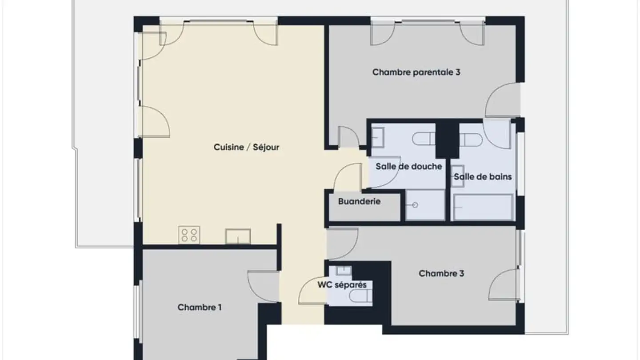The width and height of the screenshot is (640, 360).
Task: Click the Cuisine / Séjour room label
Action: point(246,147)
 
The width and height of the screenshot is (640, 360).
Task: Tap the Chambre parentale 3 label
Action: point(416,72)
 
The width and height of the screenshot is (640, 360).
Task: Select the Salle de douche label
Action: point(408,166)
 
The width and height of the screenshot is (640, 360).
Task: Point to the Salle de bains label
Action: point(483,177)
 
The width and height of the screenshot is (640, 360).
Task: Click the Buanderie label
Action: point(359,201)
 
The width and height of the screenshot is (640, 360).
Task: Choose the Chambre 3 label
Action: point(441,273)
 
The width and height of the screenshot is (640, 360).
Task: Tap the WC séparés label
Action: point(342,284)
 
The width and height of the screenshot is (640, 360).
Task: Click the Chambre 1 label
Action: point(200,307)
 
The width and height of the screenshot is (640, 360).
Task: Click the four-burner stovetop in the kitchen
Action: point(189,235)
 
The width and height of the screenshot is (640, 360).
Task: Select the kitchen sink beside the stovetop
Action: point(238,236)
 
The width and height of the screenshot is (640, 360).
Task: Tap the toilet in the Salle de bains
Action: point(471,140)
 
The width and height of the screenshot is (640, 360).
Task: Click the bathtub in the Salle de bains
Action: point(483,207)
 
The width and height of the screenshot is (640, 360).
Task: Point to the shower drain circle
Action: point(415,205)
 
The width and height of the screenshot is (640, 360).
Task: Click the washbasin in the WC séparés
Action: point(343,270)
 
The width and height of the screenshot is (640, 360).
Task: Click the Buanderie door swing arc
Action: point(348,177)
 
